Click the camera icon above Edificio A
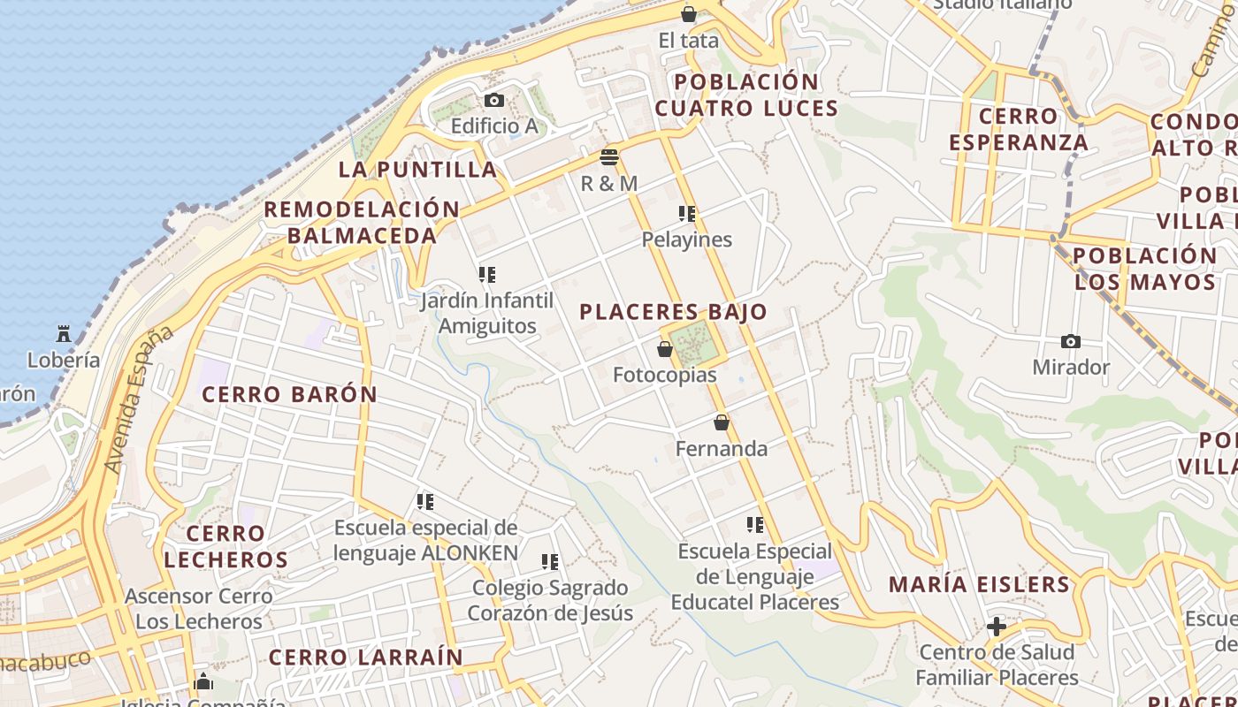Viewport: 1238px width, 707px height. coord(494,101)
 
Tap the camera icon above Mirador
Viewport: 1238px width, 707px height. coord(1070,341)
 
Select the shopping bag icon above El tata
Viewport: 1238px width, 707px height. coord(689,14)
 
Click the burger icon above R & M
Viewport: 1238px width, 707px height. coord(609,157)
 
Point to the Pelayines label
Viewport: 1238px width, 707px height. coord(687,239)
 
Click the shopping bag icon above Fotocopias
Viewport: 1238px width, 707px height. coord(665,350)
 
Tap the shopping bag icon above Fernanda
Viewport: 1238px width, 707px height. coord(722,423)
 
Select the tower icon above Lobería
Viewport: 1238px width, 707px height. coord(64,334)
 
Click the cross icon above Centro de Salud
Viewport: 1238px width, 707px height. coord(997,627)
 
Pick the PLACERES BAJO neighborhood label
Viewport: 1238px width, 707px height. coord(674,312)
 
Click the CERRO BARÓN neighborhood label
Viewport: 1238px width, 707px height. coord(290,394)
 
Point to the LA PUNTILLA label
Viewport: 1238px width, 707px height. coord(418,169)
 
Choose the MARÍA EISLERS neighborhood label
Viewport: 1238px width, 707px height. coord(979,584)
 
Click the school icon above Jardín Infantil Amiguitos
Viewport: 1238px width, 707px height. coord(486,275)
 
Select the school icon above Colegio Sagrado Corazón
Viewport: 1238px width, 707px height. coord(550,562)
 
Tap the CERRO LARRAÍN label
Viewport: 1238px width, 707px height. coord(365,658)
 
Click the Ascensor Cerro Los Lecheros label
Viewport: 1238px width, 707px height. coord(199,608)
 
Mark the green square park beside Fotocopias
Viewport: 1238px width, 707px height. coord(692,342)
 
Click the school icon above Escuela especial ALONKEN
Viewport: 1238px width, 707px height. coord(425,502)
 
